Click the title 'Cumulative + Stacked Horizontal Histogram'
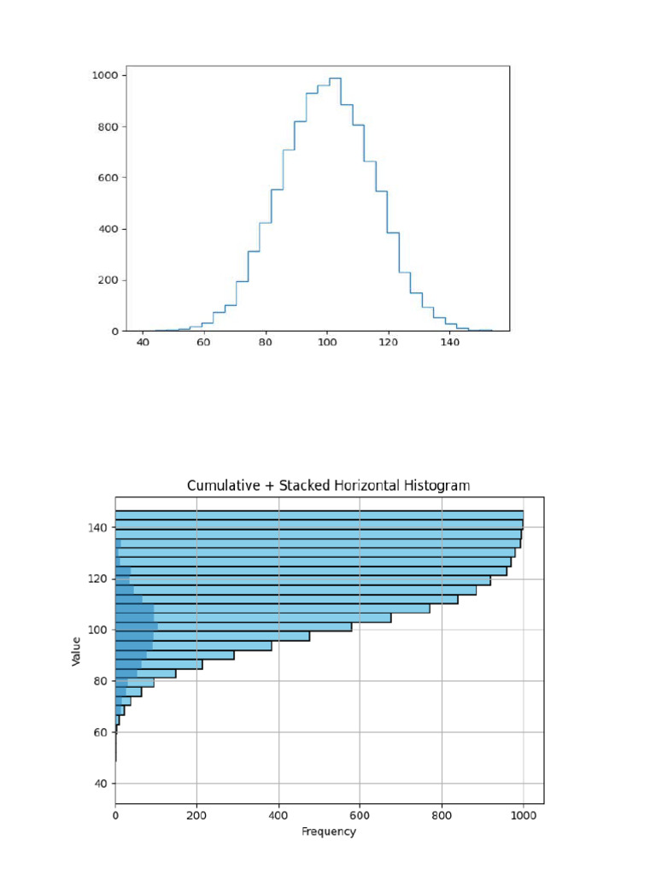pos(328,485)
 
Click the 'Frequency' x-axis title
pos(329,831)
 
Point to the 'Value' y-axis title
pos(78,651)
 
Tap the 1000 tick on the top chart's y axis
pos(105,75)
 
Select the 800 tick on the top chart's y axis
pos(108,126)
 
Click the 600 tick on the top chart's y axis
pos(108,178)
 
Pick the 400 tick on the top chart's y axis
pos(108,229)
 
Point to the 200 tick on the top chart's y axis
pos(108,280)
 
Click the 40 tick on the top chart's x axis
pos(143,343)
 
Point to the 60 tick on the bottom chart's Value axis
pos(98,732)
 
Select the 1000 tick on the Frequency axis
pos(523,816)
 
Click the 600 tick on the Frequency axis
pos(360,816)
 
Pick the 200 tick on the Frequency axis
pos(196,816)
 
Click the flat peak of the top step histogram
pos(335,78)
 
